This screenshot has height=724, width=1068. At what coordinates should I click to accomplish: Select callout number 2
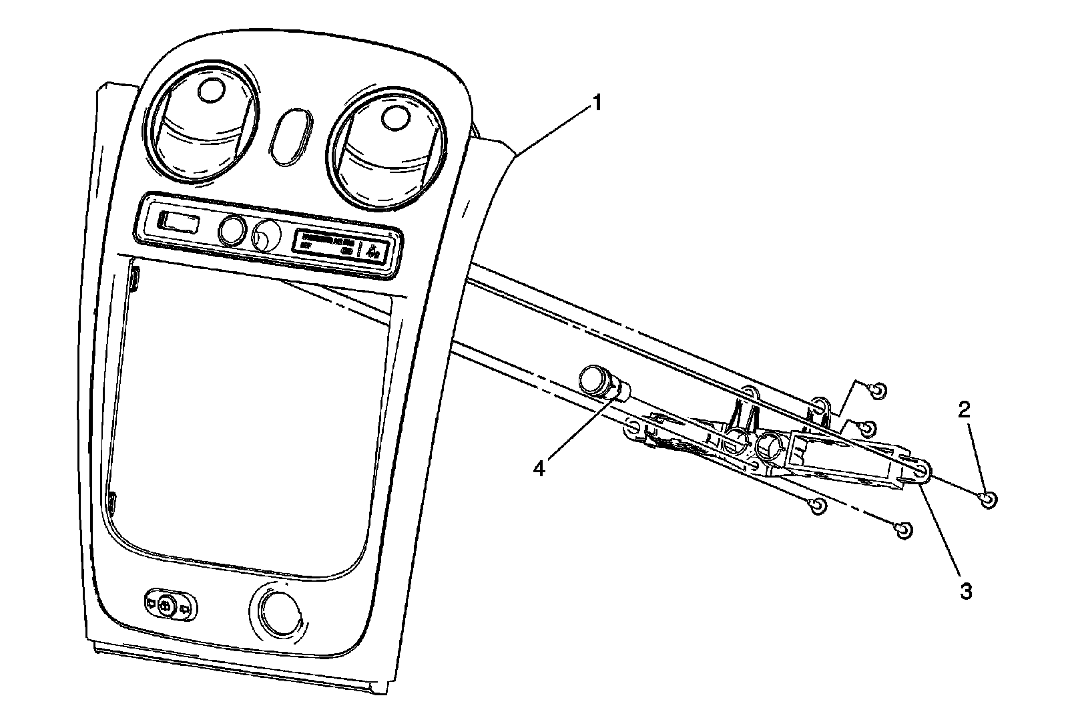click(x=965, y=410)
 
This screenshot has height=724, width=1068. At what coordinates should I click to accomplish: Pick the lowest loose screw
click(x=902, y=530)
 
